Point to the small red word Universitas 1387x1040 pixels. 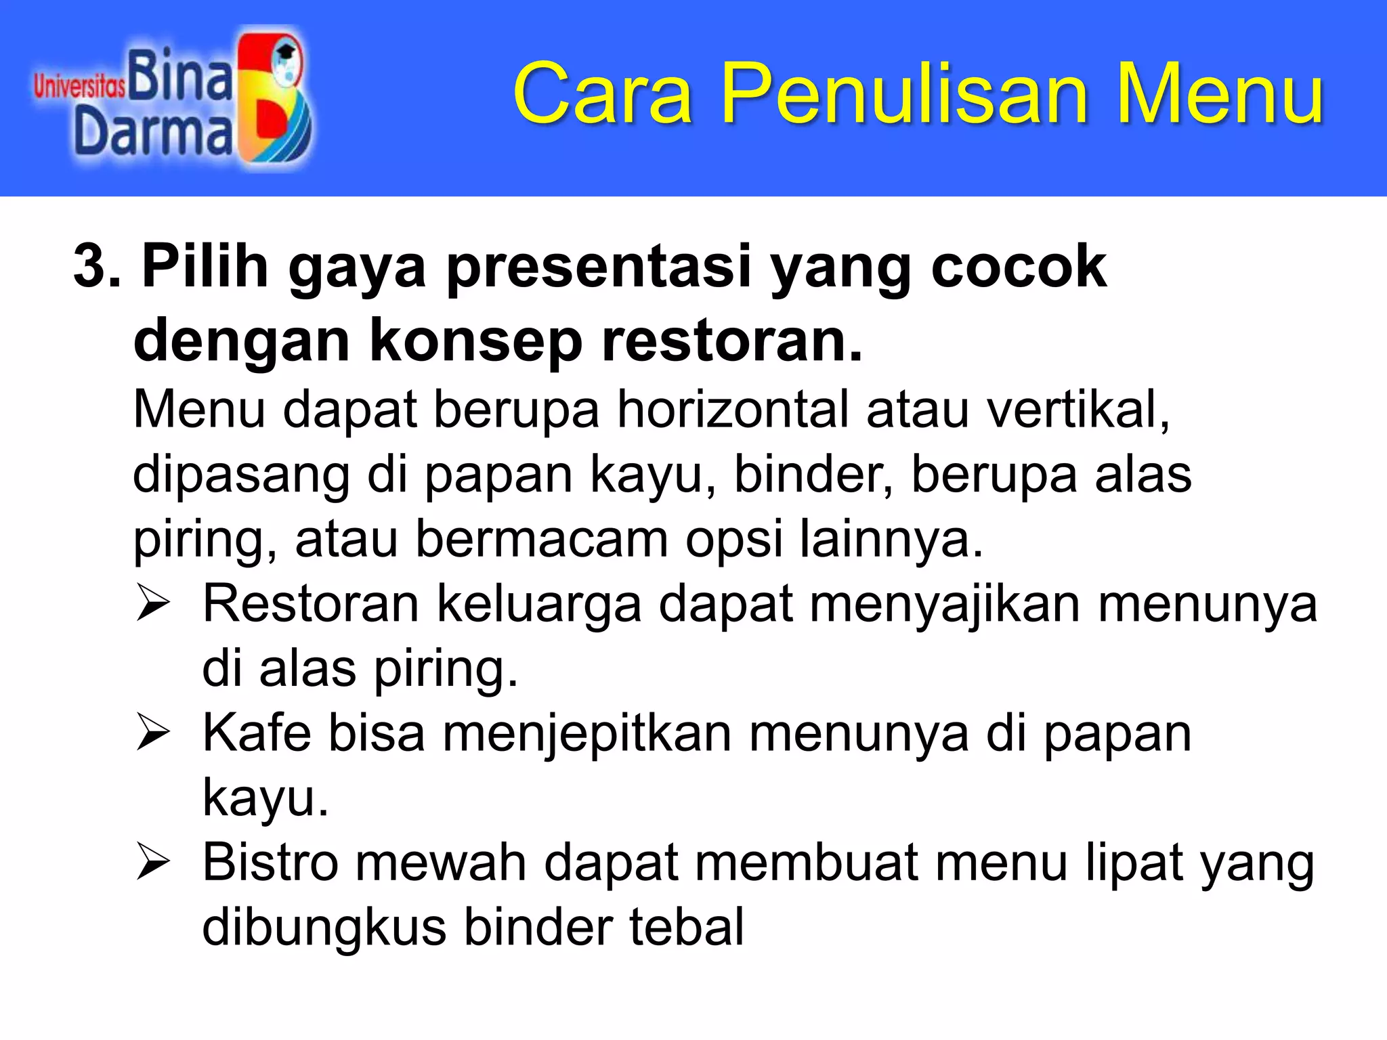[x=79, y=87]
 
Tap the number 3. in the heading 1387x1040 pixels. [x=97, y=266]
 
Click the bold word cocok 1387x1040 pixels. [x=1019, y=266]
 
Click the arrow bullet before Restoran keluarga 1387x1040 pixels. [x=152, y=603]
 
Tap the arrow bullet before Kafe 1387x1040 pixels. [x=152, y=733]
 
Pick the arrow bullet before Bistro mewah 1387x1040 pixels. [x=152, y=863]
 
